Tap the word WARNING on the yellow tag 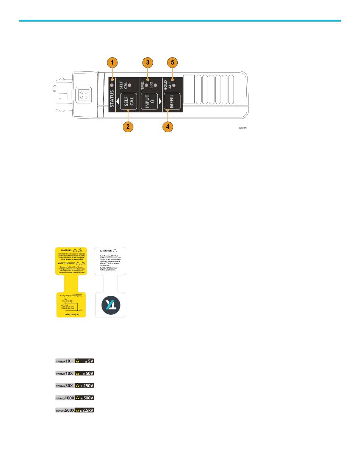66,251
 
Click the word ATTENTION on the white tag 106,251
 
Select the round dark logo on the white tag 110,305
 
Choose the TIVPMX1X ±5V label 74,361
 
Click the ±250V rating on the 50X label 87,386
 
